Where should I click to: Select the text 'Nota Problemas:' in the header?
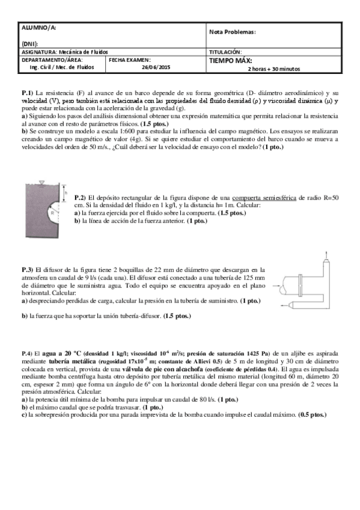(x=233, y=31)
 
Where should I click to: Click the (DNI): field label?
(x=30, y=44)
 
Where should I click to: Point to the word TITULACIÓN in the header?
(x=225, y=52)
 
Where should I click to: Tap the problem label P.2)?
(x=80, y=197)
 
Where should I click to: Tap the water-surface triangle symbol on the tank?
(x=41, y=182)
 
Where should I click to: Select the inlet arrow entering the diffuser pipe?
(x=276, y=285)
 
